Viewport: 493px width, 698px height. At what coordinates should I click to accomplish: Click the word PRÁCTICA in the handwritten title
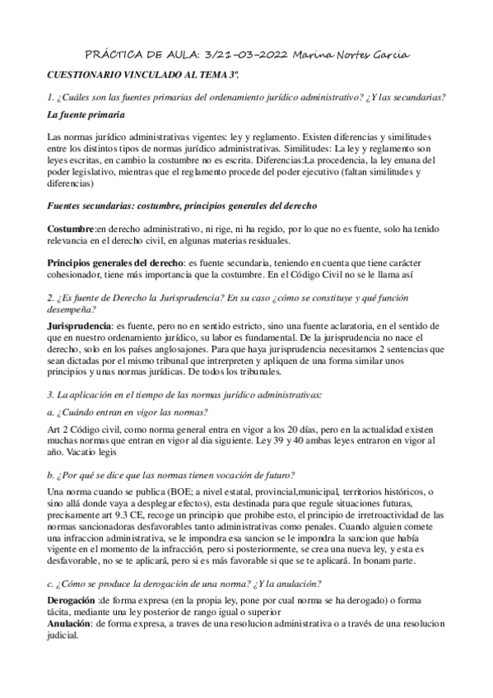(113, 54)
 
